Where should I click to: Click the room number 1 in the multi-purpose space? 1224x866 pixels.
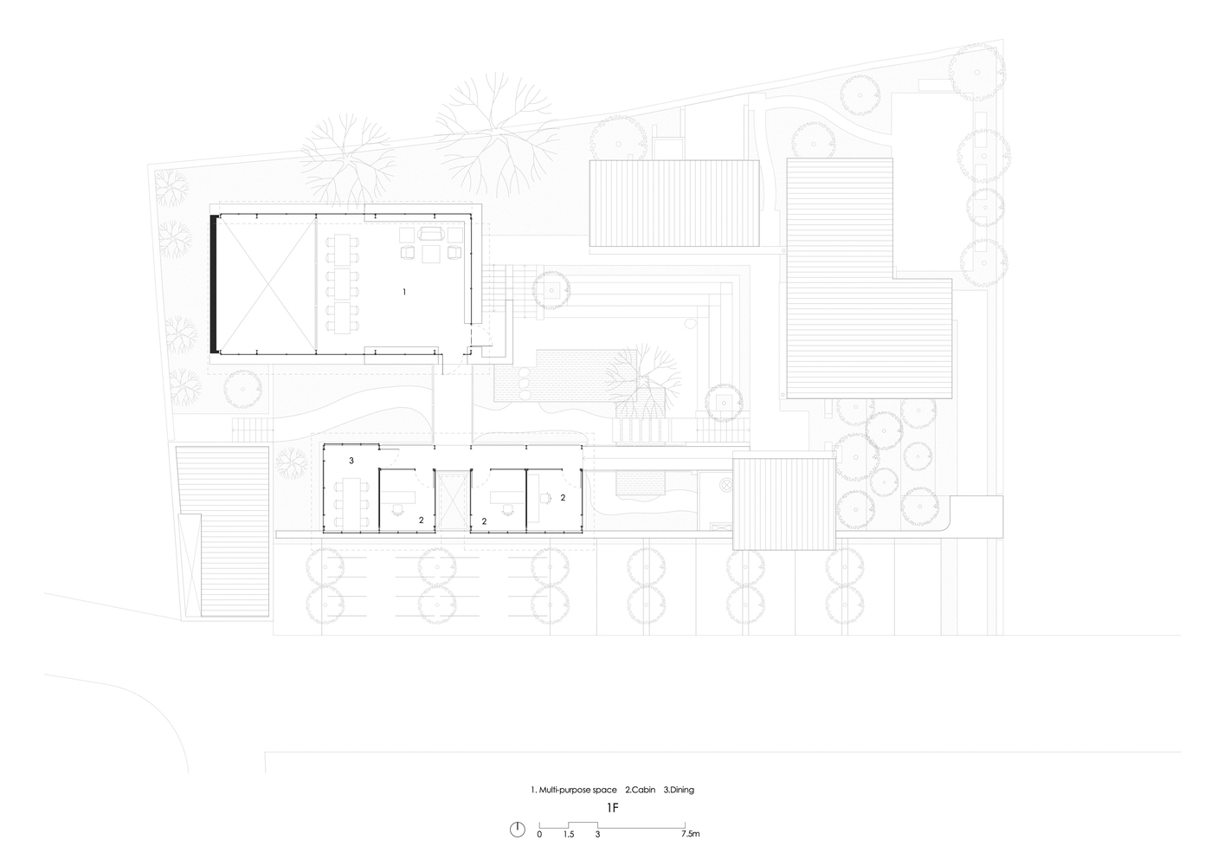[x=404, y=293]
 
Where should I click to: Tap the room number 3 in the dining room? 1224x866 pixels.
[x=351, y=461]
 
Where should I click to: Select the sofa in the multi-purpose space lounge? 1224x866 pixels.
[x=430, y=234]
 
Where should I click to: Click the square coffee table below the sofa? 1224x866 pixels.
[x=430, y=253]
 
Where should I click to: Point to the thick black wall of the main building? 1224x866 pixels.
[x=212, y=283]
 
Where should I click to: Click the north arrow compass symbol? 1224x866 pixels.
[x=517, y=829]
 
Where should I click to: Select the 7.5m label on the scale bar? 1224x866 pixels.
[x=690, y=835]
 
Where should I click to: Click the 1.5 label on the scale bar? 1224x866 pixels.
[x=569, y=835]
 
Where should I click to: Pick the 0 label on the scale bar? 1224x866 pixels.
[x=539, y=835]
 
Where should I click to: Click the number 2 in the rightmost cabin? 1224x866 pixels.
[x=563, y=498]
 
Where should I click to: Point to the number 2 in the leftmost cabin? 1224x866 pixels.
[x=421, y=520]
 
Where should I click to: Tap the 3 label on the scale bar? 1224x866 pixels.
[x=597, y=835]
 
